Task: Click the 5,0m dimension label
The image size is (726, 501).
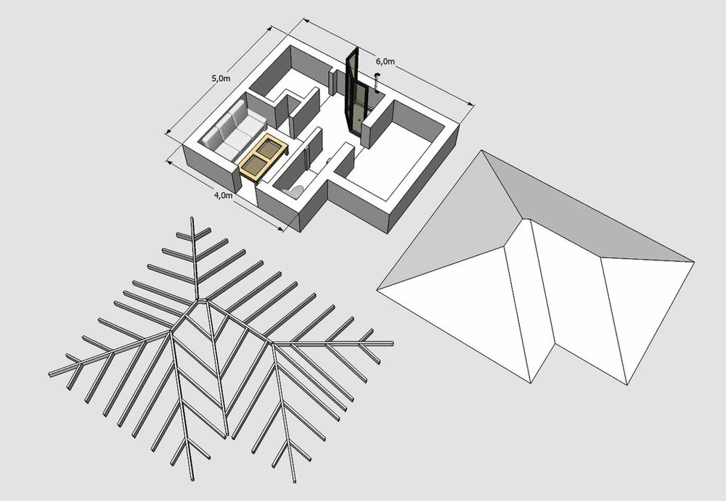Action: click(221, 78)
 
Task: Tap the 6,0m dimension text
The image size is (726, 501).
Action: click(386, 62)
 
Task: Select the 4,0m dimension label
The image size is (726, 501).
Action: click(223, 195)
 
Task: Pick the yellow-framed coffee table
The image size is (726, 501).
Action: click(264, 158)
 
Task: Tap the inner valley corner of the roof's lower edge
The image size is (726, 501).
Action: click(555, 344)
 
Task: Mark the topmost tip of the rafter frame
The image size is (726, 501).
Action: click(192, 218)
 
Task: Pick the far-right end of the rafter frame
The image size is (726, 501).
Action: click(392, 343)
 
